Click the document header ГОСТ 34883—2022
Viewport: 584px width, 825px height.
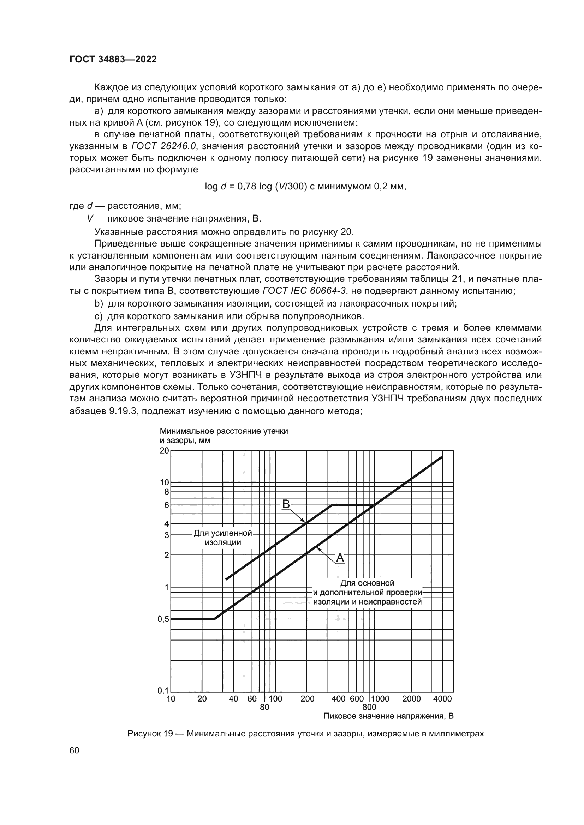[x=113, y=60]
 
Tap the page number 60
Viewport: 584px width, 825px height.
[x=75, y=751]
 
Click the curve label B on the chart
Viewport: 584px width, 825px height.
[x=286, y=504]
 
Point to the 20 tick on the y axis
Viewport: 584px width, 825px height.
[x=164, y=450]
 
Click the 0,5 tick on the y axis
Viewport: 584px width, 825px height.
[x=163, y=619]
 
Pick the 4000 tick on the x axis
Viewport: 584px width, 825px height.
[x=442, y=699]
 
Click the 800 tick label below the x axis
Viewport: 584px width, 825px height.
[x=369, y=707]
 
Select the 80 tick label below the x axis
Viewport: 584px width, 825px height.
[x=264, y=707]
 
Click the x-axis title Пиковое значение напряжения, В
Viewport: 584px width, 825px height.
[x=388, y=716]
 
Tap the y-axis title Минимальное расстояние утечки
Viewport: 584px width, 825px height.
[x=224, y=431]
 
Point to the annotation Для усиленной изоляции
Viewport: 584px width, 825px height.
[x=223, y=538]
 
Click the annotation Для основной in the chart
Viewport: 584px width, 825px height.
[x=367, y=583]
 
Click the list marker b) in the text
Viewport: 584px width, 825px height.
[x=99, y=304]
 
